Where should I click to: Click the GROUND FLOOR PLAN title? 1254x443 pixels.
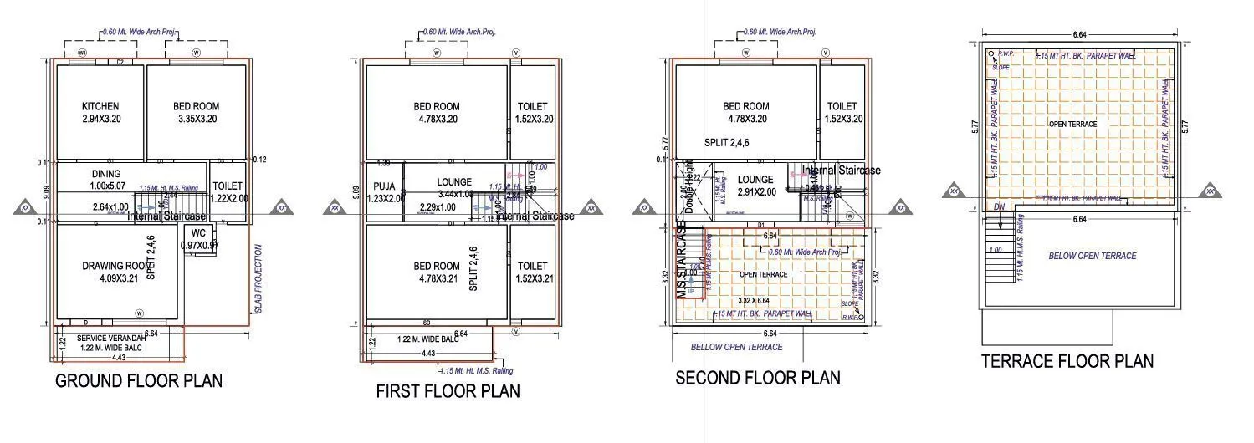click(x=139, y=381)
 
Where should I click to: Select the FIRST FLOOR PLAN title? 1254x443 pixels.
click(x=448, y=390)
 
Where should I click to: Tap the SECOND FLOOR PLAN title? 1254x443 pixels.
click(x=758, y=377)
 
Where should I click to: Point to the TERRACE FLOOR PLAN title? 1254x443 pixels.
click(x=1067, y=361)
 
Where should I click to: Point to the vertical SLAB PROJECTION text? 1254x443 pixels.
click(x=258, y=280)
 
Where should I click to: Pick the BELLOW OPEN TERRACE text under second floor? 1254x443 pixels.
click(x=736, y=347)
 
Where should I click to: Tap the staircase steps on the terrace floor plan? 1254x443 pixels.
click(x=999, y=251)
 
